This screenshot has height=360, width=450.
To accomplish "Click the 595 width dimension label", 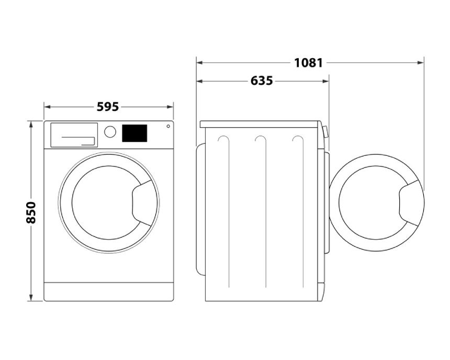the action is tap(108, 107).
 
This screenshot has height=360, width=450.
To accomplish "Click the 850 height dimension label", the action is tap(31, 212).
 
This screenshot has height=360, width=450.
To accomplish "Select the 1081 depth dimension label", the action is tap(309, 63).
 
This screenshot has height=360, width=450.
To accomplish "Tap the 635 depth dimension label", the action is tap(262, 81).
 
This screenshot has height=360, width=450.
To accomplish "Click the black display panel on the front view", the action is tap(134, 133).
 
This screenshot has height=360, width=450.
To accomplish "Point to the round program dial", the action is tap(110, 132).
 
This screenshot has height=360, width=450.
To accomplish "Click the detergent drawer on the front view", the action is tap(74, 135).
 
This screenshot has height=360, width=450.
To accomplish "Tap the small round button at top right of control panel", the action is tap(168, 126).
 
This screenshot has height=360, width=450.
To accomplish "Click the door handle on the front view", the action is tap(142, 203).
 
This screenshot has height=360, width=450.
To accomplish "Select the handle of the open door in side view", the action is tap(409, 203).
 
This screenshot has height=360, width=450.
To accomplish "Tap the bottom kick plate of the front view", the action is tap(109, 291).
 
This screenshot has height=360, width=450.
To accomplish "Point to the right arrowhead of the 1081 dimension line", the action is tap(421, 63).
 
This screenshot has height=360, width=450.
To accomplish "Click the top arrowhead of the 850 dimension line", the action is tap(31, 124).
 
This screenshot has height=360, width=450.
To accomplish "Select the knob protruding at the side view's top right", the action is tap(325, 132).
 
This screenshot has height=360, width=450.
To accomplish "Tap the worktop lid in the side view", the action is tap(260, 124).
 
